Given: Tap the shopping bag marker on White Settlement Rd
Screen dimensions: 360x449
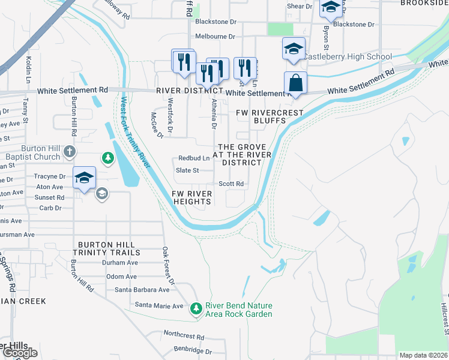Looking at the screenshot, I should pyautogui.click(x=295, y=83).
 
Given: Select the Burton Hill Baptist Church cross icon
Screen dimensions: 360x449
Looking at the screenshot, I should pyautogui.click(x=70, y=151).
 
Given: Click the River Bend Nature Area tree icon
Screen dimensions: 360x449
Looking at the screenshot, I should pyautogui.click(x=196, y=309).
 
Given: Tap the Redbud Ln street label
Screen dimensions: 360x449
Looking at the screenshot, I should pyautogui.click(x=194, y=158).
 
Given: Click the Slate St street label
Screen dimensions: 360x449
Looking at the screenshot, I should pyautogui.click(x=187, y=170).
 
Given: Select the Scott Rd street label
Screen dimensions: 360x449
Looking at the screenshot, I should pyautogui.click(x=231, y=184).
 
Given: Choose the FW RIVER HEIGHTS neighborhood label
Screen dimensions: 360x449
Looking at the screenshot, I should pyautogui.click(x=191, y=197).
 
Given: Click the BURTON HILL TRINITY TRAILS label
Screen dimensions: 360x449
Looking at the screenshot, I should pyautogui.click(x=107, y=248).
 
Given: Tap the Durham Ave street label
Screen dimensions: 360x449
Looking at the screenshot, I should pyautogui.click(x=119, y=263).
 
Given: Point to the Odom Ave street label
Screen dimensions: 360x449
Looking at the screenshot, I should pyautogui.click(x=122, y=277).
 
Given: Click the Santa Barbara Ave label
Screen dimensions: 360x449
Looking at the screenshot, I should pyautogui.click(x=142, y=290).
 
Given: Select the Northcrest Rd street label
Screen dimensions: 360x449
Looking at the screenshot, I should pyautogui.click(x=184, y=337).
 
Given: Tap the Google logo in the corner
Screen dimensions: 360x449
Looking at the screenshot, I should pyautogui.click(x=20, y=353).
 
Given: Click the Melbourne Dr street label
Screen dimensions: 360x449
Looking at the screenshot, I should pyautogui.click(x=215, y=37).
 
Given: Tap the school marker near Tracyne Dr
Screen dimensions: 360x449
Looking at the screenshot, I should pyautogui.click(x=85, y=178).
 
